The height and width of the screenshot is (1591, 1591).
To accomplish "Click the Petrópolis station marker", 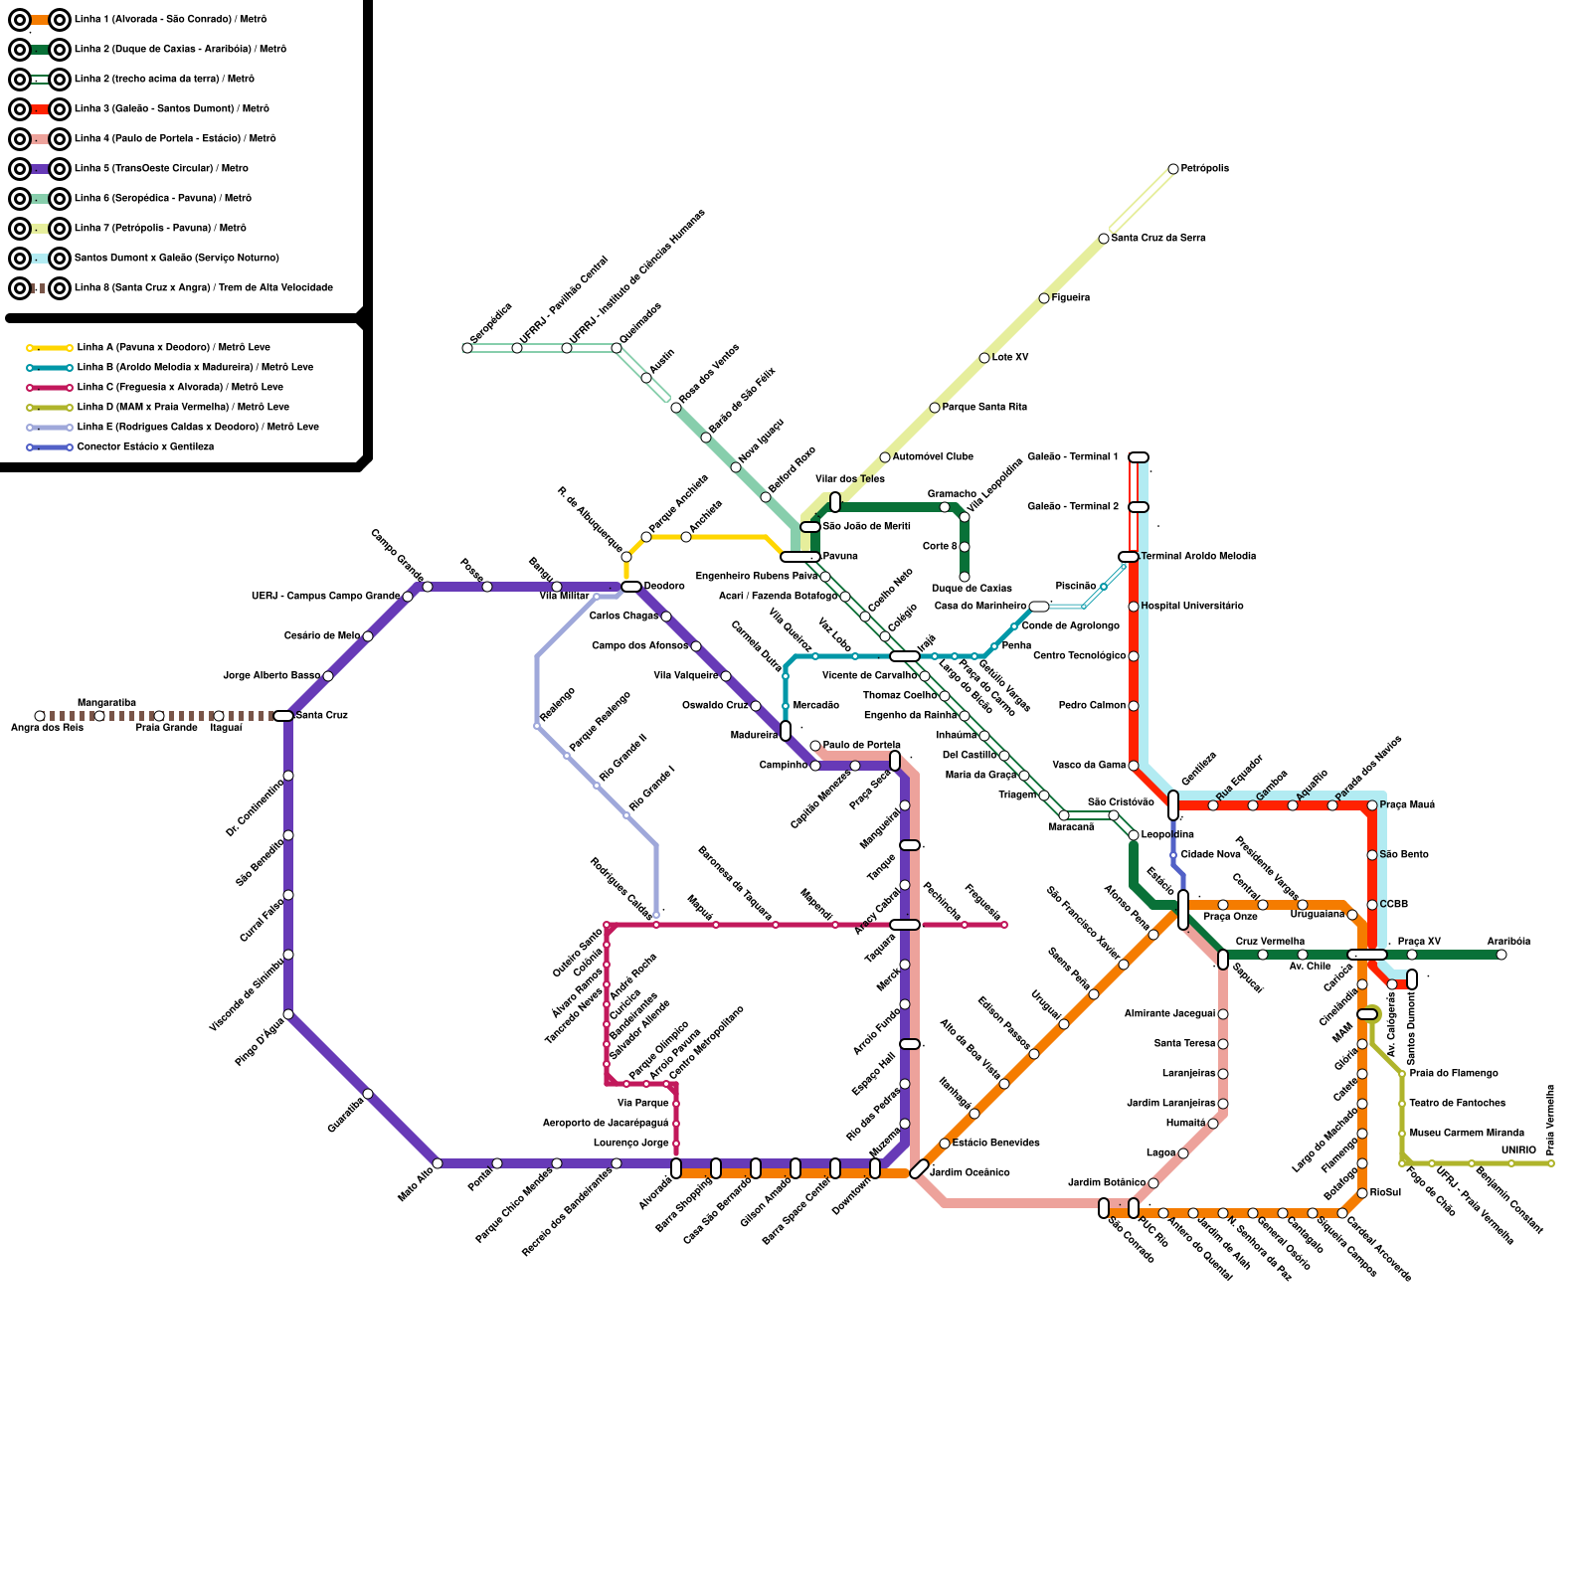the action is click(1173, 169).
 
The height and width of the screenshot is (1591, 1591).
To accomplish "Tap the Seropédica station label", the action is click(490, 324).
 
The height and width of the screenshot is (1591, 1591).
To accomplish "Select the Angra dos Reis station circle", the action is click(40, 716).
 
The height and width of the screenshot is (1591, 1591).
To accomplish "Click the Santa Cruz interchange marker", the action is click(283, 716).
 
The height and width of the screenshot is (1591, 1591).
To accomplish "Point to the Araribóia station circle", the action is click(1502, 955).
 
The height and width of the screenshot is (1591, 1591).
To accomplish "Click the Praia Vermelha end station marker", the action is click(1551, 1163).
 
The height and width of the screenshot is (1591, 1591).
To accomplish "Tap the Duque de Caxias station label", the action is click(972, 589).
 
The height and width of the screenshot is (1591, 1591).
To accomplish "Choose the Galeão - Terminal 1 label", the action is click(1073, 457).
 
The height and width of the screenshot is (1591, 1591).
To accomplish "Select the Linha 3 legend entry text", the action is click(172, 108).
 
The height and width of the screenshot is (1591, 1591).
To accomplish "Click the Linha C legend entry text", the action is click(180, 387).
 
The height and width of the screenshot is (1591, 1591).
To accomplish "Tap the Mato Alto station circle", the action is click(438, 1163).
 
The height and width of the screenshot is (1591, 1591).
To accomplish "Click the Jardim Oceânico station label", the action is click(970, 1173).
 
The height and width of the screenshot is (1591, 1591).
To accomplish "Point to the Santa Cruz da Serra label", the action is click(1158, 239).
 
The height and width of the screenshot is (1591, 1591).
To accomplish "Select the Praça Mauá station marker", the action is click(1372, 805).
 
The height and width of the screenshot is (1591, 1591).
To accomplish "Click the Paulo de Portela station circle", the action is click(815, 746).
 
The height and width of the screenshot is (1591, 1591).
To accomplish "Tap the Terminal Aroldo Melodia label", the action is click(1198, 557).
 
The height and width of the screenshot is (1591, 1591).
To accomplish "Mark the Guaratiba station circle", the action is click(368, 1094).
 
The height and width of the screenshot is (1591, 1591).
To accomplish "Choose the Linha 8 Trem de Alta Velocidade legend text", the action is click(204, 287).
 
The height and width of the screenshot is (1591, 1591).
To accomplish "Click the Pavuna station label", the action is click(840, 557).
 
